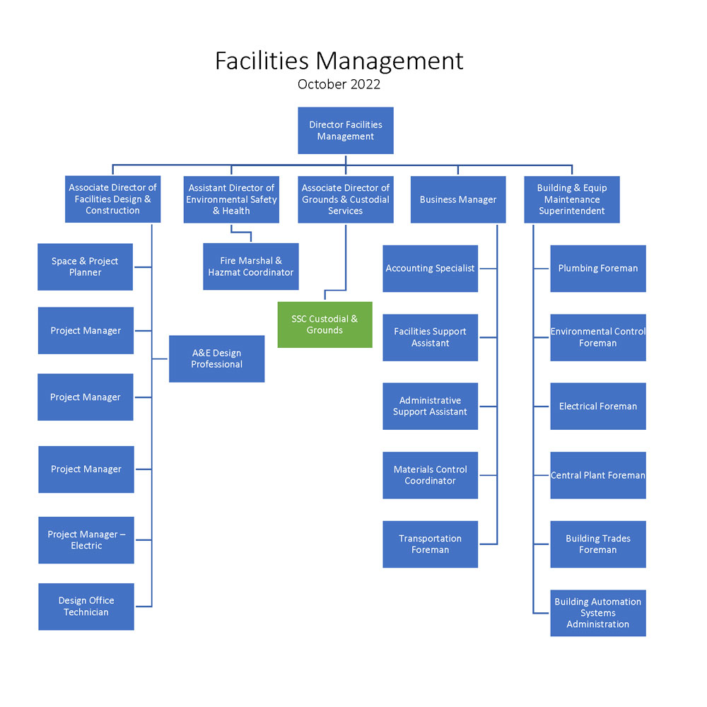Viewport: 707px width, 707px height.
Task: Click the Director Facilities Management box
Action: click(346, 130)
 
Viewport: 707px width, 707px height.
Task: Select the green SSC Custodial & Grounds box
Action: click(325, 325)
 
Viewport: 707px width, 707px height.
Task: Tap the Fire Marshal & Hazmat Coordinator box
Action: click(251, 267)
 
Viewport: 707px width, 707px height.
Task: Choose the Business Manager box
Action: click(458, 199)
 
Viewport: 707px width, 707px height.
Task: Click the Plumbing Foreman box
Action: click(598, 268)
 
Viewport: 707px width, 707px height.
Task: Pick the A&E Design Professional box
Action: click(216, 358)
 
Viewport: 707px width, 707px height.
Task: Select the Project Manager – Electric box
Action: click(86, 539)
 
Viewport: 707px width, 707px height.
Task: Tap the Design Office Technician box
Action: click(86, 607)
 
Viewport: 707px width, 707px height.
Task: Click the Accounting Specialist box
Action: click(430, 268)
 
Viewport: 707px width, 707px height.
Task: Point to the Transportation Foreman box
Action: click(430, 544)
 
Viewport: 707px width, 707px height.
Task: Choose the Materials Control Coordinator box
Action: click(430, 475)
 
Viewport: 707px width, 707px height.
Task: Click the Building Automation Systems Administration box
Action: click(598, 613)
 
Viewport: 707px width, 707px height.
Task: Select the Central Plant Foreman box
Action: click(598, 475)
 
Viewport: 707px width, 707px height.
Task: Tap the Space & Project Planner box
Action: click(86, 267)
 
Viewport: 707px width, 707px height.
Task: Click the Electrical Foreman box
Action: click(598, 407)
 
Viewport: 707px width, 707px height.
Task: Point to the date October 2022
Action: click(339, 84)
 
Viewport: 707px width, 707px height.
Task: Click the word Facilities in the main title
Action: click(262, 61)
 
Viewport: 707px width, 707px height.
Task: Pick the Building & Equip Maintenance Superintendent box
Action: click(572, 199)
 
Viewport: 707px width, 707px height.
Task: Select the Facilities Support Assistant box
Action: click(430, 337)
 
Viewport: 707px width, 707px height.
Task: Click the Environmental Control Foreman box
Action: click(598, 337)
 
